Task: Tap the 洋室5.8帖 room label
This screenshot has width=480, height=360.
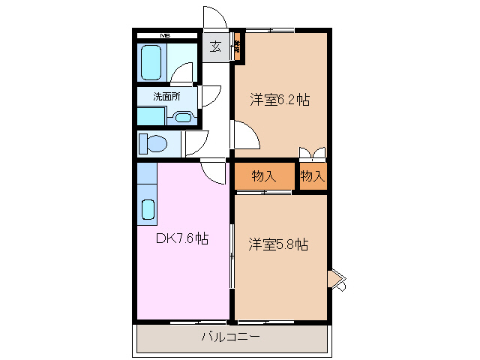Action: [x=279, y=244]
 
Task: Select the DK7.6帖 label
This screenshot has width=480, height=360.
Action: [x=181, y=238]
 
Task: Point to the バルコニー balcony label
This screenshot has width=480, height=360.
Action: [x=230, y=337]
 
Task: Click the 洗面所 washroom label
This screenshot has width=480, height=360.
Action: [x=166, y=96]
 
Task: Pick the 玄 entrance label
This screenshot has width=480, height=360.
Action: [x=215, y=47]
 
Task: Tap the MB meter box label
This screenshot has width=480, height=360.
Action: [x=163, y=34]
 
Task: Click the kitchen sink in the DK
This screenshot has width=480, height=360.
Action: [x=148, y=208]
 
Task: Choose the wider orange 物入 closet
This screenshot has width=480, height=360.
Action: [x=263, y=177]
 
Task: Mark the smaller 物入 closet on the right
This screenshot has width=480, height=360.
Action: [x=312, y=177]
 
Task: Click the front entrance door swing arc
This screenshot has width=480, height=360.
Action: [x=214, y=18]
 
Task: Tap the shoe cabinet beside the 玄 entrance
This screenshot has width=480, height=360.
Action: [x=236, y=46]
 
